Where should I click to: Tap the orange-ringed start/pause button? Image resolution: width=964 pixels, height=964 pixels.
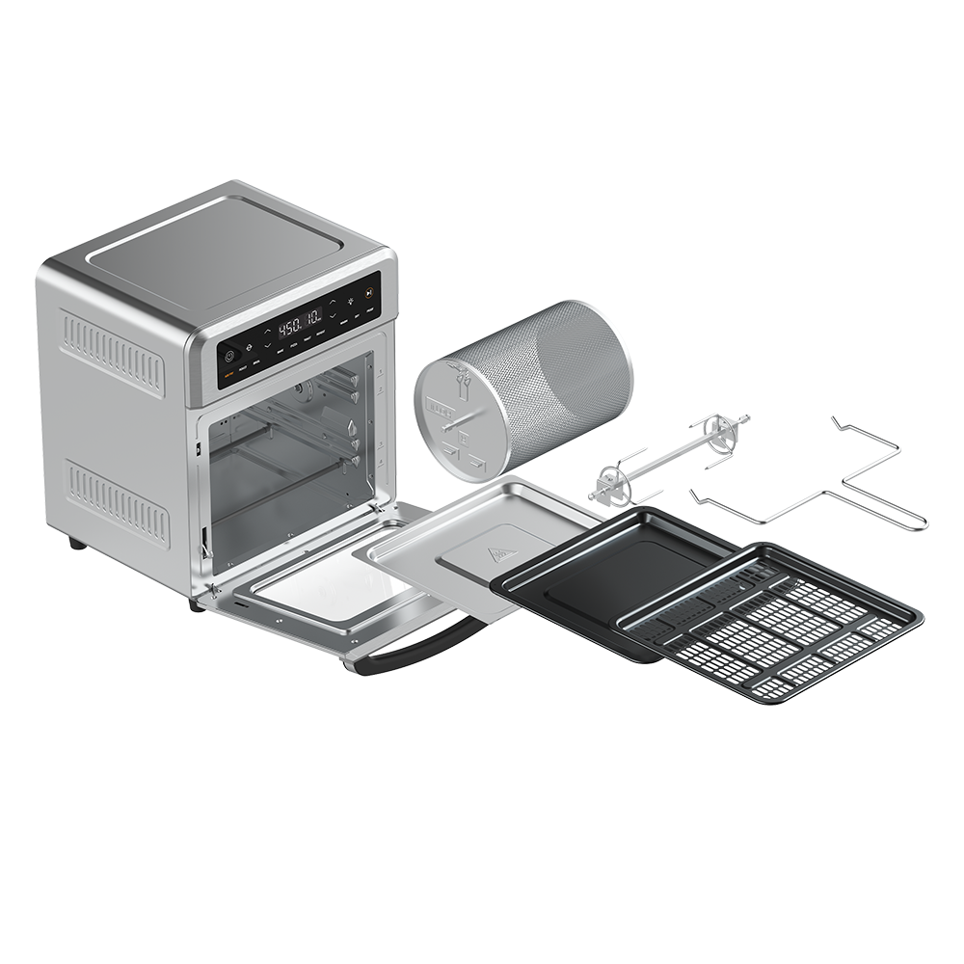(x=368, y=292)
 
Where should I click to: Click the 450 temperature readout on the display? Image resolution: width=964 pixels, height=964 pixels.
(x=290, y=327)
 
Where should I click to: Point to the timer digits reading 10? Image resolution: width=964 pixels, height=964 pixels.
(x=313, y=318)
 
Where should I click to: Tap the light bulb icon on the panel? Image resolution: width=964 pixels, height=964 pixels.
(x=350, y=302)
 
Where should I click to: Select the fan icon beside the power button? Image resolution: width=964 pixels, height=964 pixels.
(x=248, y=346)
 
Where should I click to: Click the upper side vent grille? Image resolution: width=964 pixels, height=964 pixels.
(x=112, y=353)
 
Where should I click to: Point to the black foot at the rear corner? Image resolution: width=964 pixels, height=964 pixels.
(x=76, y=543)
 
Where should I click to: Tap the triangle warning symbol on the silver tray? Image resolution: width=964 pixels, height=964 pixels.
(x=500, y=554)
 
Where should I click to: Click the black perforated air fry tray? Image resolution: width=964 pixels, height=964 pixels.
(x=771, y=627)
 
